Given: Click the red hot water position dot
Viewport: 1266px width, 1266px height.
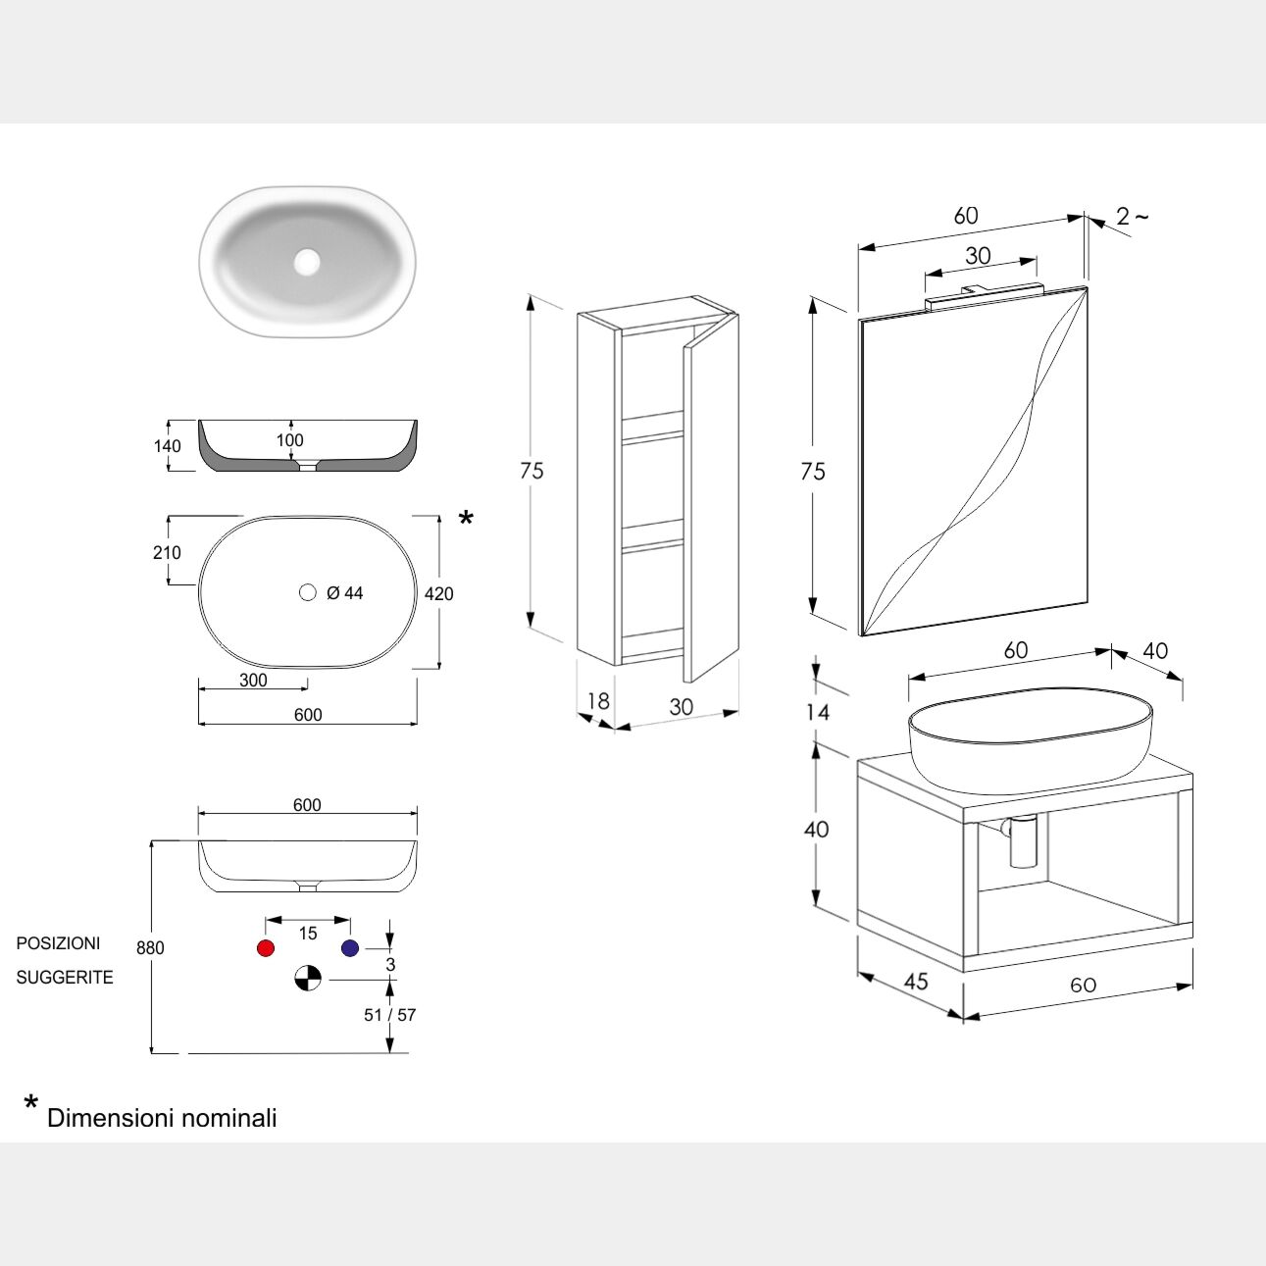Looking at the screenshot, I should (265, 948).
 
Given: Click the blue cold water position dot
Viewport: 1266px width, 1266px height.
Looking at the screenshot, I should (350, 948).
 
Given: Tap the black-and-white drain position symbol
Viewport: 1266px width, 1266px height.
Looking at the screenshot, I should (308, 978).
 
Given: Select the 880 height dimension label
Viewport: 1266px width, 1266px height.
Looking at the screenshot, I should (151, 948).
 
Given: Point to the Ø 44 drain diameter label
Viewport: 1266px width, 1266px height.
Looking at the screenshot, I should (344, 593).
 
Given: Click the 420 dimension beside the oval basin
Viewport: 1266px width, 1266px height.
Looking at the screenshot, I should (439, 593).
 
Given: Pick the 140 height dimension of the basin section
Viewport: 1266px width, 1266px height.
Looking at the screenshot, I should (168, 446).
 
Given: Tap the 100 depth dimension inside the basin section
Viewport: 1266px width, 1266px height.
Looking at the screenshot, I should (289, 440).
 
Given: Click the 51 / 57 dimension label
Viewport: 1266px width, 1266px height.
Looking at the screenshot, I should (389, 1015).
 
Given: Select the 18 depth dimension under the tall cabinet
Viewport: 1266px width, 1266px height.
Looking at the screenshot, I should (598, 701).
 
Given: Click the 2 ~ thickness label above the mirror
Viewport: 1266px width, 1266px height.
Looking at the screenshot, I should (1132, 216).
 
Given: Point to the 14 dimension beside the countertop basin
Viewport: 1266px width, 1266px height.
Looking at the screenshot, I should (818, 712).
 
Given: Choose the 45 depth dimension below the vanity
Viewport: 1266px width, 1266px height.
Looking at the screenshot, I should (915, 981).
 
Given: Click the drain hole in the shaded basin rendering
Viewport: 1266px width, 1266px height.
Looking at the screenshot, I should (307, 261).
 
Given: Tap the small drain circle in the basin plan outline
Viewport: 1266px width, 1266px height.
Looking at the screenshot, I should (308, 592).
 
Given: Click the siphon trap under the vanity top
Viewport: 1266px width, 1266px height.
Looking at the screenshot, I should (1022, 841).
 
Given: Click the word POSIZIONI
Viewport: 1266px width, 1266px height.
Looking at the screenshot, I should (58, 943).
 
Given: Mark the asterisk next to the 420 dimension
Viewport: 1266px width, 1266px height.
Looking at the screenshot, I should (466, 519).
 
